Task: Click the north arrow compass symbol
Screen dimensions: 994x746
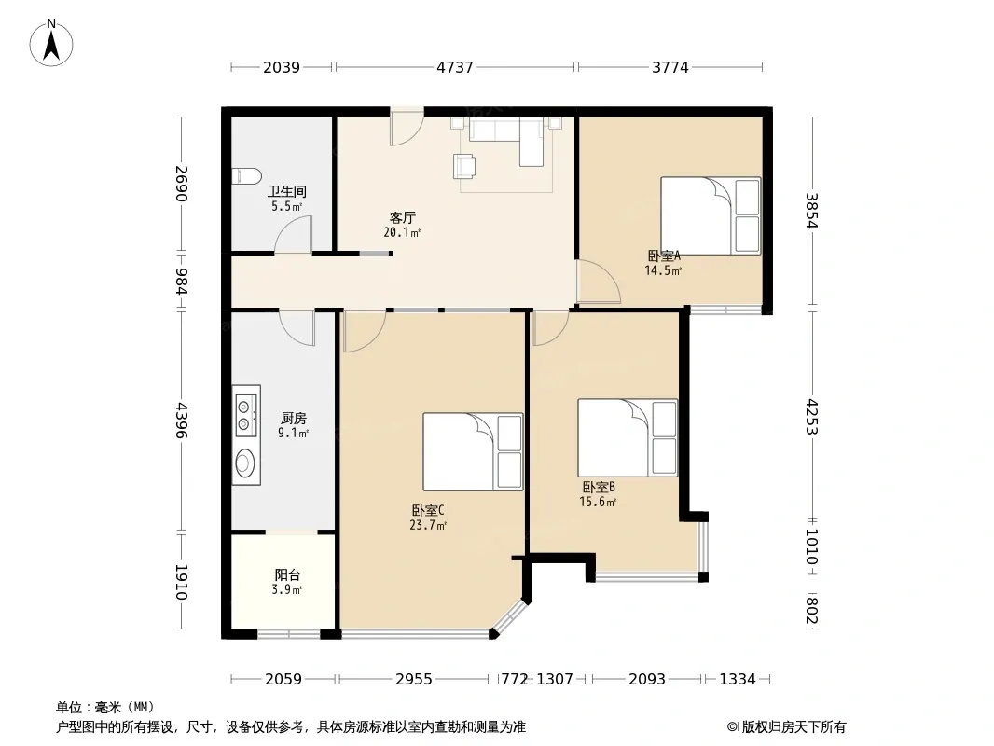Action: (x=51, y=43)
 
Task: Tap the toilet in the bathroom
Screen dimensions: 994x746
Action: (x=246, y=175)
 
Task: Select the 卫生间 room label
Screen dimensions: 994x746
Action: (x=287, y=191)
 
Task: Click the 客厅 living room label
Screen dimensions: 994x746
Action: (x=403, y=218)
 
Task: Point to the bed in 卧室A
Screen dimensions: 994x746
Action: (x=711, y=216)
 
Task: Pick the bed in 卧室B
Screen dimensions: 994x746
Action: (x=628, y=437)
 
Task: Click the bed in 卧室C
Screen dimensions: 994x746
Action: (x=473, y=452)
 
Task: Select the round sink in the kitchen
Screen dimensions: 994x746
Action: (x=244, y=462)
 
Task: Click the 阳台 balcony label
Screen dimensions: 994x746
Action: (x=287, y=574)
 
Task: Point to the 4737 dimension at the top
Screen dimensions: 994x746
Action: (x=455, y=67)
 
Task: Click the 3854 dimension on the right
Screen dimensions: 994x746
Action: (x=811, y=211)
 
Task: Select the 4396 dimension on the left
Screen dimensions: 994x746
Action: (x=181, y=421)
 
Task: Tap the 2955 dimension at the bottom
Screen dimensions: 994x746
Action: (x=414, y=680)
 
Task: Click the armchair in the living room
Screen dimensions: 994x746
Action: (x=464, y=166)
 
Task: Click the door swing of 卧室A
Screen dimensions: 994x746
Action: (x=598, y=282)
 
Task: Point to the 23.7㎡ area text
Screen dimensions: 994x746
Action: (x=428, y=525)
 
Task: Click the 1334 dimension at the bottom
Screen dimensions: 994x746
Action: (x=738, y=680)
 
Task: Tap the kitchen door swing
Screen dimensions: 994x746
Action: (x=297, y=327)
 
